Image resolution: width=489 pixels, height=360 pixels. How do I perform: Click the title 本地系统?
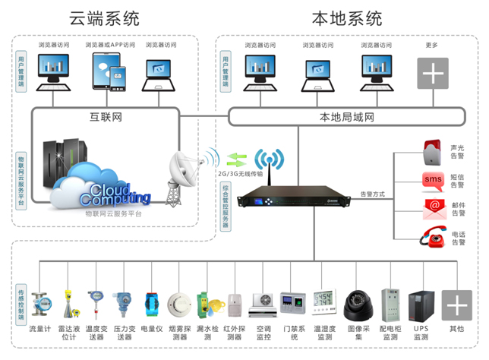[x=347, y=17]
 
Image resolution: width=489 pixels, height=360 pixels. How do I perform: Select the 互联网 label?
[x=106, y=117]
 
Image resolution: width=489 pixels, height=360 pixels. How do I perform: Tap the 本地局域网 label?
[x=347, y=117]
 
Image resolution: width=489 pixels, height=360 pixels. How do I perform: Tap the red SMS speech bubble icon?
[x=433, y=180]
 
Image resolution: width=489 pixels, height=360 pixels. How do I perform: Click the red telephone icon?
[x=433, y=236]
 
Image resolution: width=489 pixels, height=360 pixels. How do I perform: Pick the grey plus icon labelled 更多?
[x=432, y=74]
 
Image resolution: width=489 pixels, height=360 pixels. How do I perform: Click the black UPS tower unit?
[x=421, y=305]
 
